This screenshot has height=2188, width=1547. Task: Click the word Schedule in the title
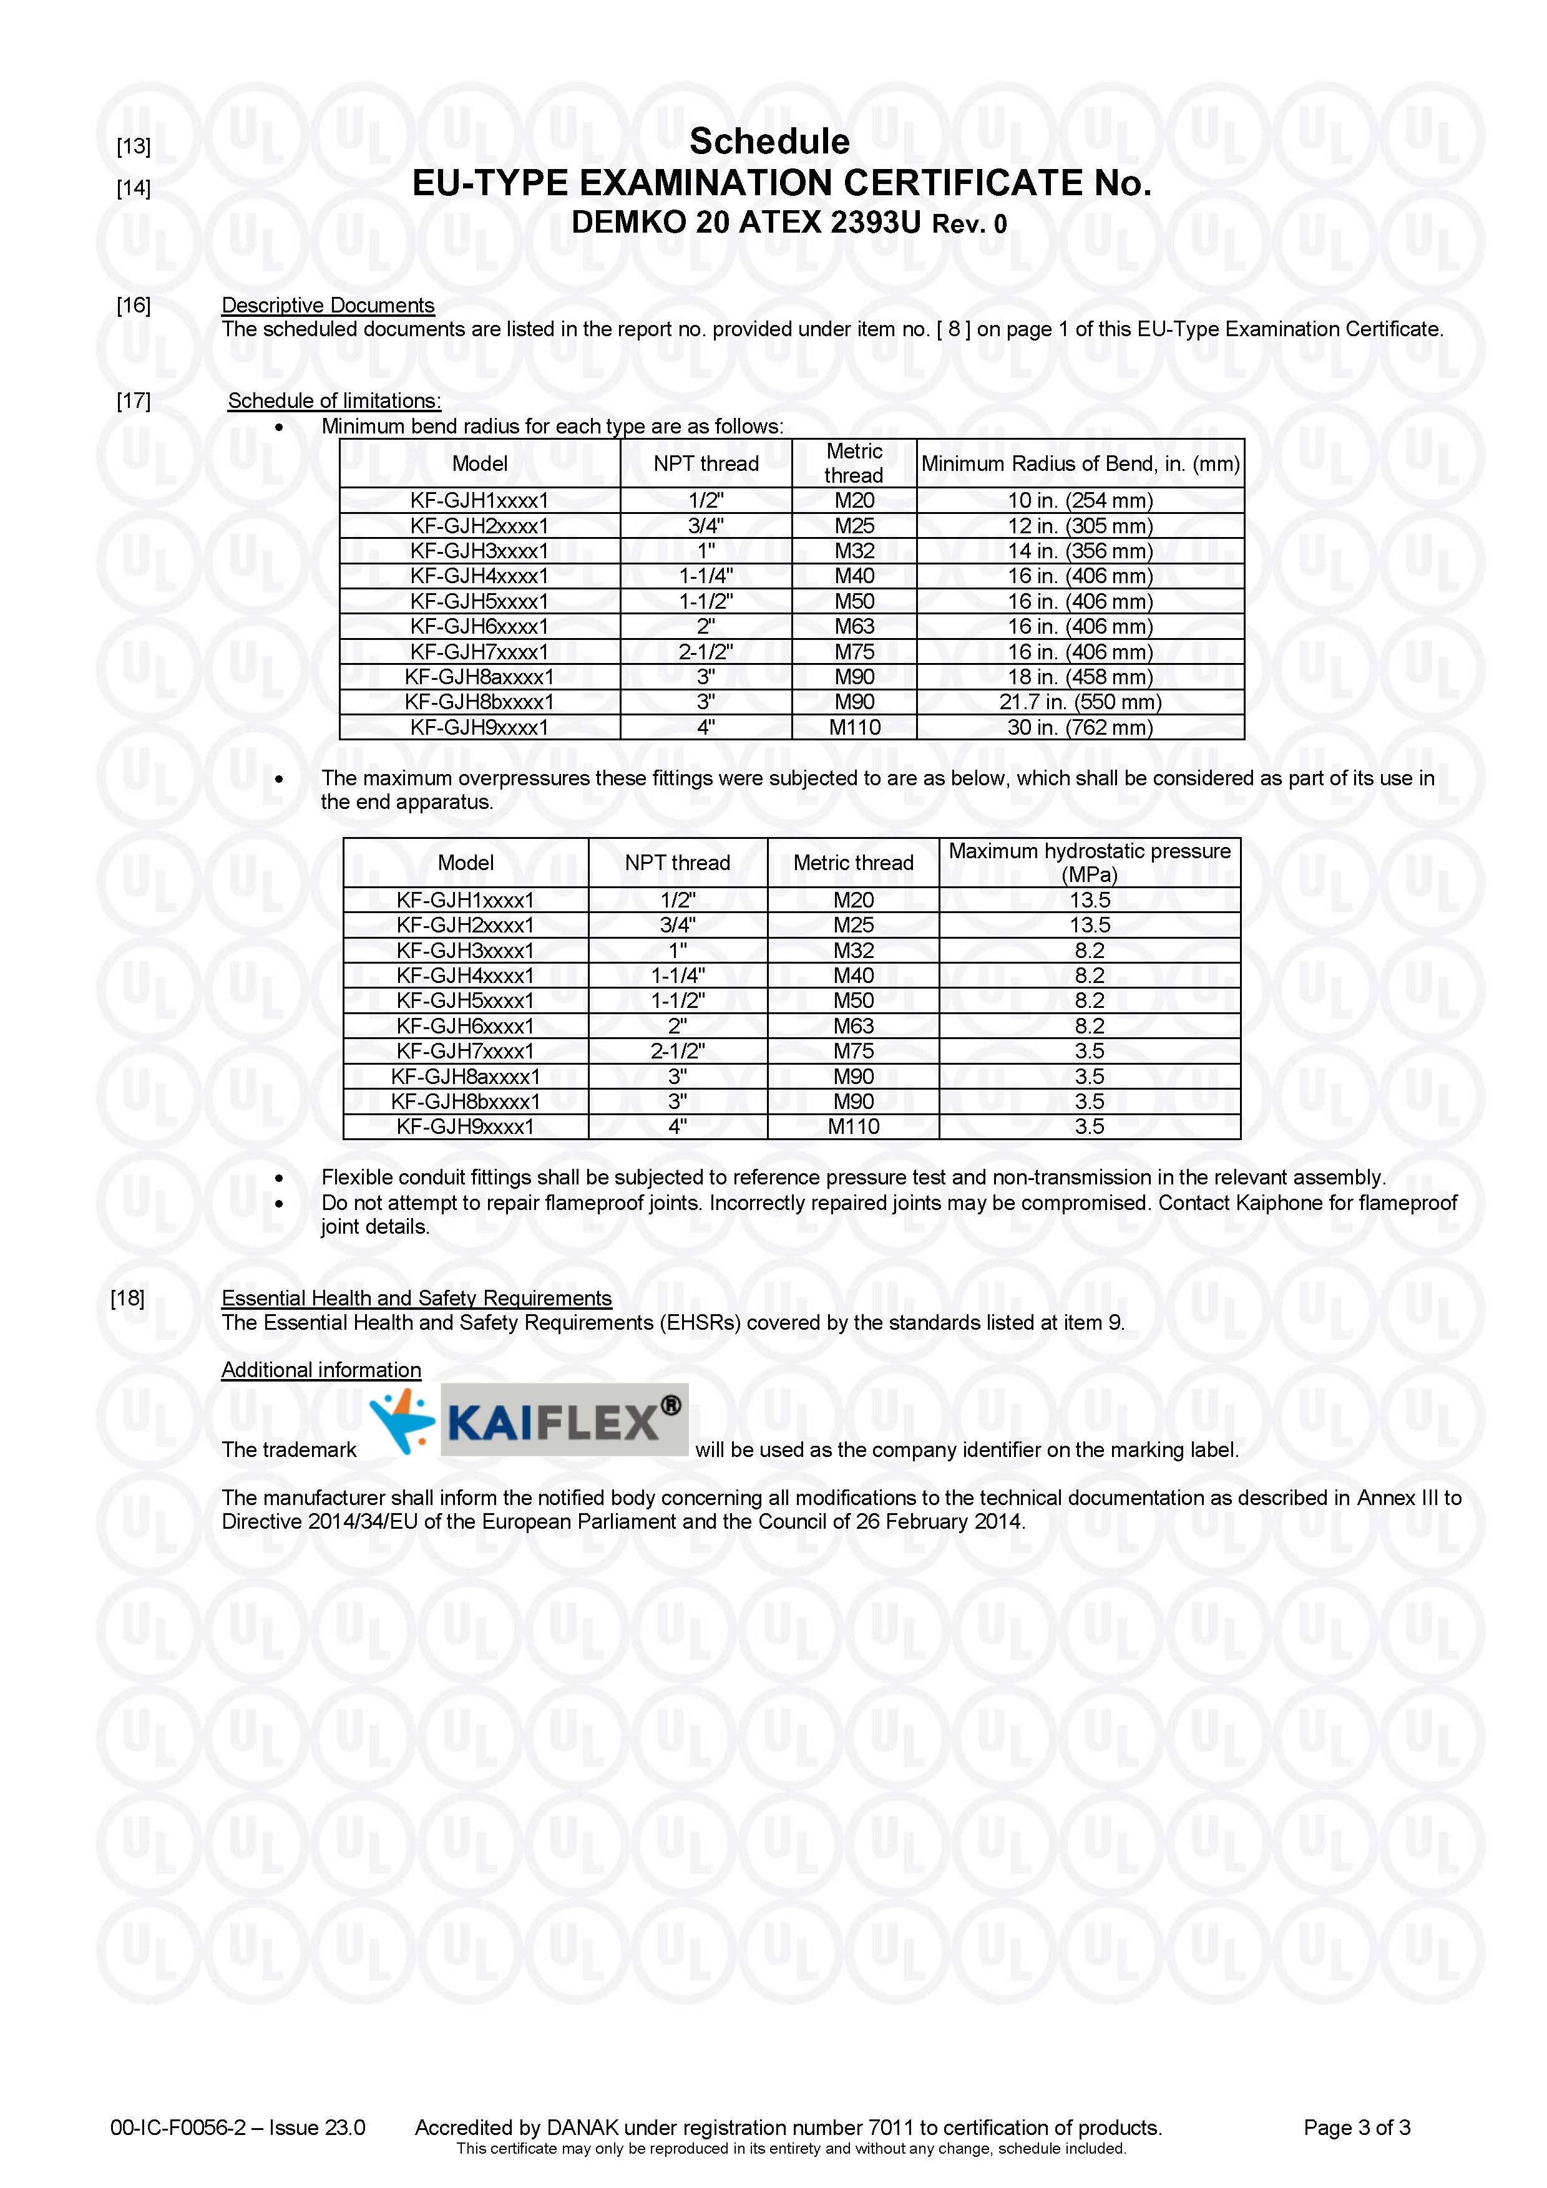point(769,142)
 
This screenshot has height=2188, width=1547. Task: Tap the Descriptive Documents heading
point(328,305)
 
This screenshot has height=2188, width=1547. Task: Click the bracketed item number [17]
point(134,400)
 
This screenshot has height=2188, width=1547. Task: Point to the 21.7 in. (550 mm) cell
point(1080,702)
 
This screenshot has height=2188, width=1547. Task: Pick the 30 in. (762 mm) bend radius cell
point(1080,727)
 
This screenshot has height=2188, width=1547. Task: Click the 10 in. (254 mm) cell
point(1080,500)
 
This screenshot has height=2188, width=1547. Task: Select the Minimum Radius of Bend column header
point(1080,464)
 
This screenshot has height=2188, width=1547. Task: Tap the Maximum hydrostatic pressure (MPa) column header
point(1090,863)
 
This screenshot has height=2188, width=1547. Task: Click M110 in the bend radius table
point(854,727)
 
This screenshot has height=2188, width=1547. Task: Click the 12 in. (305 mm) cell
point(1080,526)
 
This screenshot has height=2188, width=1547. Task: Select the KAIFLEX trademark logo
point(528,1420)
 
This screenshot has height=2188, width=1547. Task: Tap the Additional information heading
point(321,1370)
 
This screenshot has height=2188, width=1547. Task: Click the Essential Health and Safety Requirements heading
point(416,1298)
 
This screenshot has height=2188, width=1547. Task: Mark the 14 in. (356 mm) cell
point(1080,551)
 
